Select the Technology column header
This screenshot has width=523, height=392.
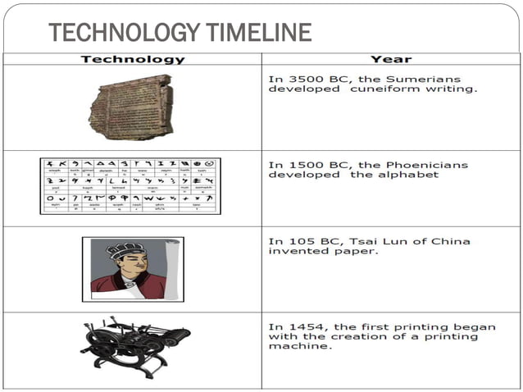133,59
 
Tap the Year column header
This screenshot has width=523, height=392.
391,59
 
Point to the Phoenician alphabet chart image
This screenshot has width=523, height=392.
130,185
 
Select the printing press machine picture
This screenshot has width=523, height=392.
135,349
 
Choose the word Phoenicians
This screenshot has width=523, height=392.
426,165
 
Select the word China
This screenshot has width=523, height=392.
452,241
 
